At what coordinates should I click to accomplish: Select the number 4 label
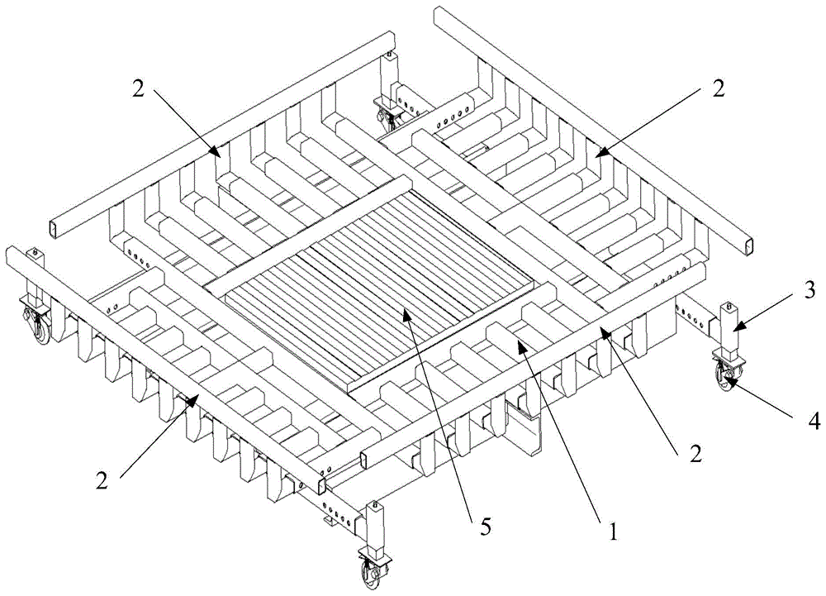tap(814, 421)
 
